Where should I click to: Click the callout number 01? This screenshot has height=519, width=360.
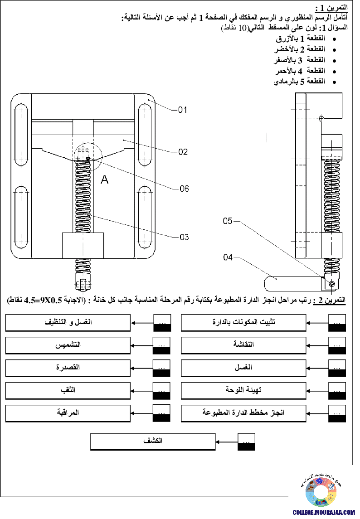pyautogui.click(x=182, y=110)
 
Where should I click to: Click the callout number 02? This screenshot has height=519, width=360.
pyautogui.click(x=182, y=152)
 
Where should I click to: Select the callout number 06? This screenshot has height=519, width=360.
pyautogui.click(x=184, y=189)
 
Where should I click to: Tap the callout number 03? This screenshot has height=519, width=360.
pyautogui.click(x=184, y=237)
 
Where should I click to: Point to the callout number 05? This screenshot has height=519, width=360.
pyautogui.click(x=228, y=221)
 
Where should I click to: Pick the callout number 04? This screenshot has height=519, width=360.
pyautogui.click(x=228, y=258)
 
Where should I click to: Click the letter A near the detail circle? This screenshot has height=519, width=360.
pyautogui.click(x=105, y=180)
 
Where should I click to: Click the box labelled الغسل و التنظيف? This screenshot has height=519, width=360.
pyautogui.click(x=68, y=323)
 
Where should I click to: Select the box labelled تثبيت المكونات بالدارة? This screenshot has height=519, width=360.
pyautogui.click(x=243, y=323)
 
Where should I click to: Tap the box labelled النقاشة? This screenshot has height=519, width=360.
pyautogui.click(x=243, y=345)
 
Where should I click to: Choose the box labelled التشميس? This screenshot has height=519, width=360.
pyautogui.click(x=68, y=345)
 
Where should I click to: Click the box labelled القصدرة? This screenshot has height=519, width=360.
pyautogui.click(x=68, y=367)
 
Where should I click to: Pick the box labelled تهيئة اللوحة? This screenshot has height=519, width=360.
pyautogui.click(x=243, y=390)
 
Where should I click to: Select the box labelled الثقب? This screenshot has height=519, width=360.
pyautogui.click(x=68, y=390)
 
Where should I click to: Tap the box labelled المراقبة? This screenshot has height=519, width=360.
pyautogui.click(x=68, y=413)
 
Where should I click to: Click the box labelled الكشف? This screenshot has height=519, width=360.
pyautogui.click(x=153, y=441)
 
